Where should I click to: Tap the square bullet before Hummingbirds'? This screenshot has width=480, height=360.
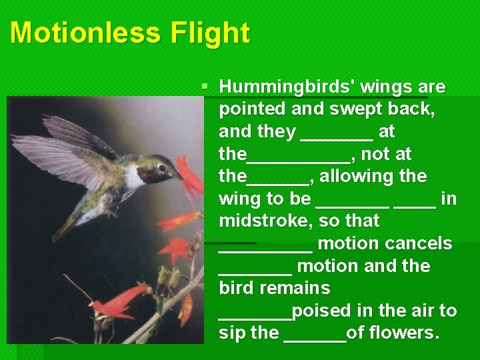[x=205, y=87]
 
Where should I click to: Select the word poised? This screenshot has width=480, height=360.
[x=315, y=311]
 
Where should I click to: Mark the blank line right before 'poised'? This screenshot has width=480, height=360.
[x=255, y=316]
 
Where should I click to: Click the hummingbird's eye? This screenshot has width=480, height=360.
[x=163, y=167]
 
